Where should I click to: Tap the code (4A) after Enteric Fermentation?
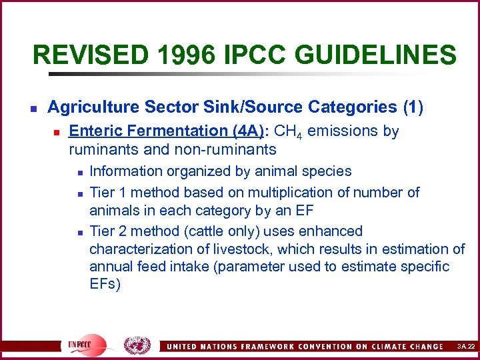click(x=247, y=131)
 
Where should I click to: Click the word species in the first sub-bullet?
click(x=327, y=171)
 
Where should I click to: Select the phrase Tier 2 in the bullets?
click(x=107, y=231)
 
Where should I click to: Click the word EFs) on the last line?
click(x=105, y=285)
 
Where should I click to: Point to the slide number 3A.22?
click(x=465, y=347)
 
